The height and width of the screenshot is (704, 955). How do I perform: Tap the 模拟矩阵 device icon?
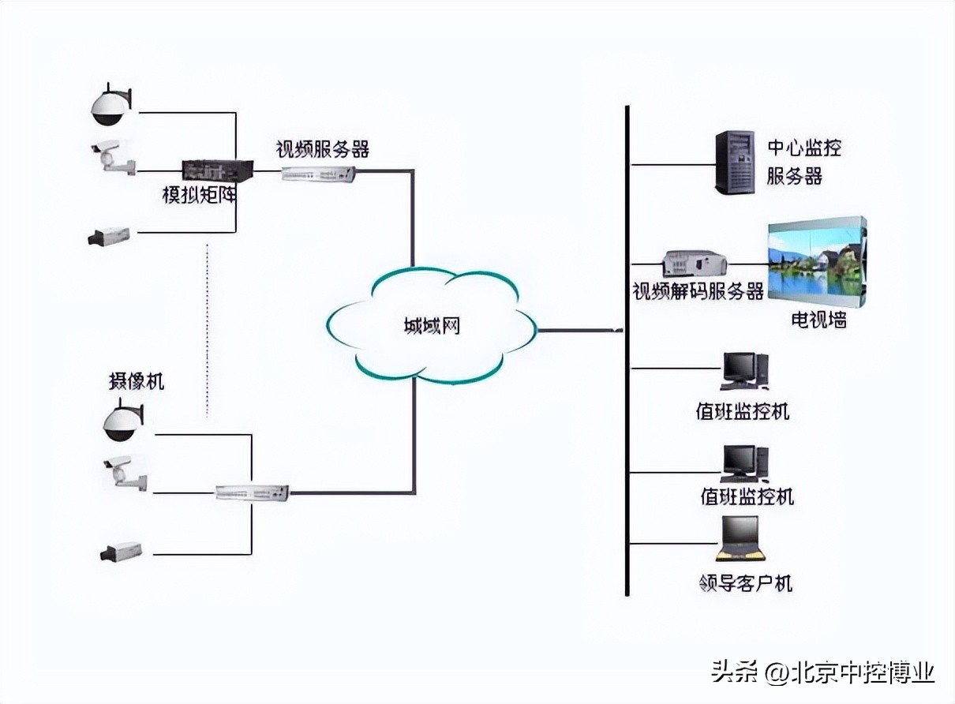pyautogui.click(x=218, y=170)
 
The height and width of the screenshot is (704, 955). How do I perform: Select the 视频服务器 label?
pyautogui.click(x=322, y=148)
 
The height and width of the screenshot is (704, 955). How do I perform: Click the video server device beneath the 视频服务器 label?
pyautogui.click(x=319, y=174)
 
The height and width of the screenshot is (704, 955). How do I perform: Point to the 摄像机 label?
pyautogui.click(x=136, y=381)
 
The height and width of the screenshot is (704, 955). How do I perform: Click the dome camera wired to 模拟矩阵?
pyautogui.click(x=110, y=108)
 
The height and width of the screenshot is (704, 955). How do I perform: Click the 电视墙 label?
pyautogui.click(x=818, y=320)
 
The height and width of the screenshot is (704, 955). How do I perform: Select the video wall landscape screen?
pyautogui.click(x=817, y=263)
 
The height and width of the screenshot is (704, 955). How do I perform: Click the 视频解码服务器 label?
pyautogui.click(x=698, y=291)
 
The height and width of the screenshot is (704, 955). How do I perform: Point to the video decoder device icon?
pyautogui.click(x=694, y=264)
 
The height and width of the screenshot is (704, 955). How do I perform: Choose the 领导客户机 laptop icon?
pyautogui.click(x=740, y=540)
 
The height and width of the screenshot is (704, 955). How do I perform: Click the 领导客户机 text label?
pyautogui.click(x=745, y=583)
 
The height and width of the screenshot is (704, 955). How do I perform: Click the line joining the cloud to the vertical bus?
pyautogui.click(x=580, y=330)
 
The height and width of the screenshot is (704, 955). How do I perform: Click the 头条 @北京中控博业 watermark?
pyautogui.click(x=823, y=672)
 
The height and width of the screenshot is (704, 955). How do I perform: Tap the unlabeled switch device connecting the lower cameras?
pyautogui.click(x=253, y=492)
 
